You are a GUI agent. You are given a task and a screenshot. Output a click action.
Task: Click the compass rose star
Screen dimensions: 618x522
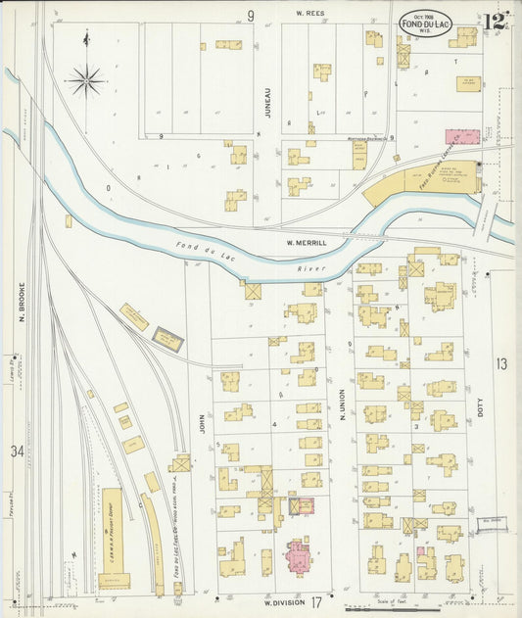[87, 79]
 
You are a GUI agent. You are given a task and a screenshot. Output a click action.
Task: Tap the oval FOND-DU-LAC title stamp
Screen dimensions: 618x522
[425, 24]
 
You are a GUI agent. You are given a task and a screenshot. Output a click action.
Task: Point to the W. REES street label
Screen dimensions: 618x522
[310, 15]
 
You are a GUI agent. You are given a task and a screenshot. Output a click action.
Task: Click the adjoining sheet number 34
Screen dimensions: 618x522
[17, 452]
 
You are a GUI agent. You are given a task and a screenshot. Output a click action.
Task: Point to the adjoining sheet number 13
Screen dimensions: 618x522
[501, 364]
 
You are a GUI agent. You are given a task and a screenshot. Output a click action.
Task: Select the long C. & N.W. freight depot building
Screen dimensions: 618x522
[114, 538]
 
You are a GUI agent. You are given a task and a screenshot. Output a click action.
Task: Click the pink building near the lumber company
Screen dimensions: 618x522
[462, 138]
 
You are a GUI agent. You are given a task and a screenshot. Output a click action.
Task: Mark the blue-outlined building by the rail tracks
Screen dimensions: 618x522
[167, 341]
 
